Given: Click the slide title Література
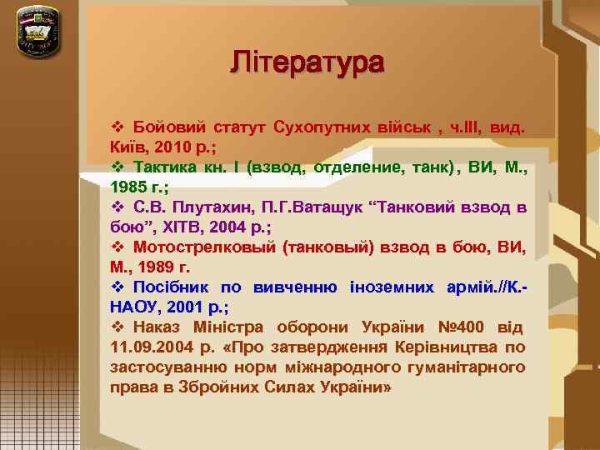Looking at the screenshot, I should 307,62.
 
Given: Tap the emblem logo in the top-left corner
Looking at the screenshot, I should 38,31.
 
